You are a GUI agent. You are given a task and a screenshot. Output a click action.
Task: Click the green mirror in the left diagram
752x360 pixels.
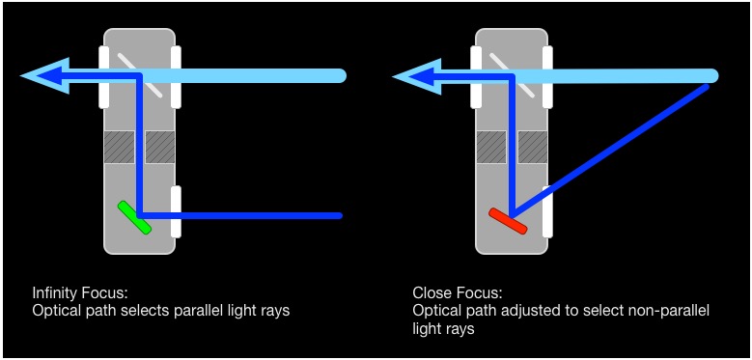134,217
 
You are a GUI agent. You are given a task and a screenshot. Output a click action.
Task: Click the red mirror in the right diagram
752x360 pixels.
508,221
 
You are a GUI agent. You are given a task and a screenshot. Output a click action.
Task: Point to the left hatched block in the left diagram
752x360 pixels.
119,147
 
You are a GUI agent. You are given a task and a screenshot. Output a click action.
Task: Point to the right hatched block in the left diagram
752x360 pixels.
160,147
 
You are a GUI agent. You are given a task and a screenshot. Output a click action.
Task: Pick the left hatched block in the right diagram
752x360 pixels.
491,147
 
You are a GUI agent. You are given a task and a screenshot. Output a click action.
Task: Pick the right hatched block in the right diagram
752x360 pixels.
533,147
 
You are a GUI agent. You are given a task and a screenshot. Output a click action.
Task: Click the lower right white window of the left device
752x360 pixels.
176,211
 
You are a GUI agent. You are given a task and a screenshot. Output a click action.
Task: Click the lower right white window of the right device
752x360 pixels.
547,211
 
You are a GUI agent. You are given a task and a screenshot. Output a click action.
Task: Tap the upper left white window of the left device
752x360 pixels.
104,76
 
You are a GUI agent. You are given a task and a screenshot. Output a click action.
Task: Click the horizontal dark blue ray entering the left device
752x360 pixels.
251,215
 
